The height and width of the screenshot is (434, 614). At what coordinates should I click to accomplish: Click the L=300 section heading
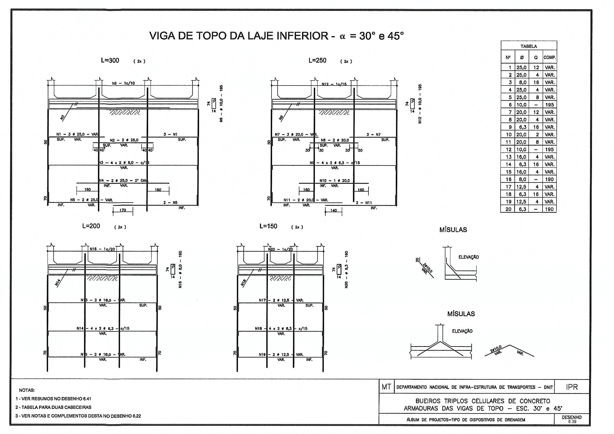(110, 60)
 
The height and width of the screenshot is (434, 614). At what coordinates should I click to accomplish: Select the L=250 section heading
(318, 60)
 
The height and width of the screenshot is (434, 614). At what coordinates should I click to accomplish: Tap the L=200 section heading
(91, 226)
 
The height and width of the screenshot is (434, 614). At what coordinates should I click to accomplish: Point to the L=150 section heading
(268, 226)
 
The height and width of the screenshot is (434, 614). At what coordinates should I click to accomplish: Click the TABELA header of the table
(528, 46)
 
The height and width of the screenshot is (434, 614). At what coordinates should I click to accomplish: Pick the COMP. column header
(550, 57)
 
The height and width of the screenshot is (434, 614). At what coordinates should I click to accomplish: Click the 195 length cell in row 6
(550, 105)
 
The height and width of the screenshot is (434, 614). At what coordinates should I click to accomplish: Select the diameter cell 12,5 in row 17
(521, 187)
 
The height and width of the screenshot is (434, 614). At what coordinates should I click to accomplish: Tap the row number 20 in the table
(508, 209)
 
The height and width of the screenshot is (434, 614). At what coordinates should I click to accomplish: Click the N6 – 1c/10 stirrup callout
(123, 83)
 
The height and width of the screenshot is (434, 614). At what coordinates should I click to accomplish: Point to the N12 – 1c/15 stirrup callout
(334, 84)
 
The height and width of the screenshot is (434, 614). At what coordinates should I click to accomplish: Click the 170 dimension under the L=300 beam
(122, 210)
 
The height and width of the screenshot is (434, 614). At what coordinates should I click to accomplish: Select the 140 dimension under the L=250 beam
(334, 211)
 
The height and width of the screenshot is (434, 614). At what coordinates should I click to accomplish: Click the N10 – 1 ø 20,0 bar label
(335, 181)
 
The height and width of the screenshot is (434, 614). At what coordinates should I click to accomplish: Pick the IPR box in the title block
(572, 387)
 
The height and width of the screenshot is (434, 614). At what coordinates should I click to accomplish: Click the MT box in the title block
(386, 387)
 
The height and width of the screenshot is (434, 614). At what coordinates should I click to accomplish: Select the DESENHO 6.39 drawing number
(571, 419)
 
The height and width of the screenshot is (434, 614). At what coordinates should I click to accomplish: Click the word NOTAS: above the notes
(27, 390)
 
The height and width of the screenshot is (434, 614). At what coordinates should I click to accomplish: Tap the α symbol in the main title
(342, 36)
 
